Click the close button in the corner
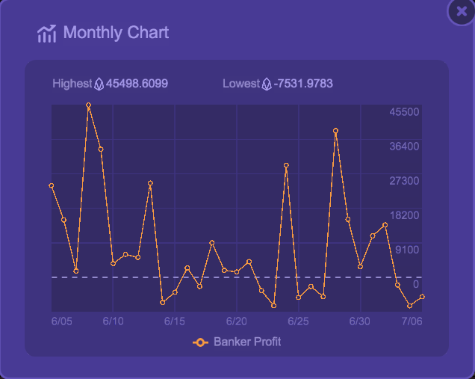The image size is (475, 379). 461,11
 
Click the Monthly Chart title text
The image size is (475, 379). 116,33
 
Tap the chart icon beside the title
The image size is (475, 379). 46,34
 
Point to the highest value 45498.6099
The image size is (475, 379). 137,83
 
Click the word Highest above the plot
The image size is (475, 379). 72,83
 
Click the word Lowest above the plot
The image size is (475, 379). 240,83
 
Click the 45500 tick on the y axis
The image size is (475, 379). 404,111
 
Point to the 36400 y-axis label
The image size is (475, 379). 404,146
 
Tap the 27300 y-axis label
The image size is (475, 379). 404,180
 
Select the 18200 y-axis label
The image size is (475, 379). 404,215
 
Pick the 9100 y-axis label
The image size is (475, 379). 407,250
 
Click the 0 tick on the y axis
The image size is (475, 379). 415,284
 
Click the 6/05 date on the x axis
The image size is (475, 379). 62,321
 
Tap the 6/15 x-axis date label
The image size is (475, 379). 175,321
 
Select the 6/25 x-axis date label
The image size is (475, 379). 298,321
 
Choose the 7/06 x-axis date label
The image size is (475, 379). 412,321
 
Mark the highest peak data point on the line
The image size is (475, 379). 88,105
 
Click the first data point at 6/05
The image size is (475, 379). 52,185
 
